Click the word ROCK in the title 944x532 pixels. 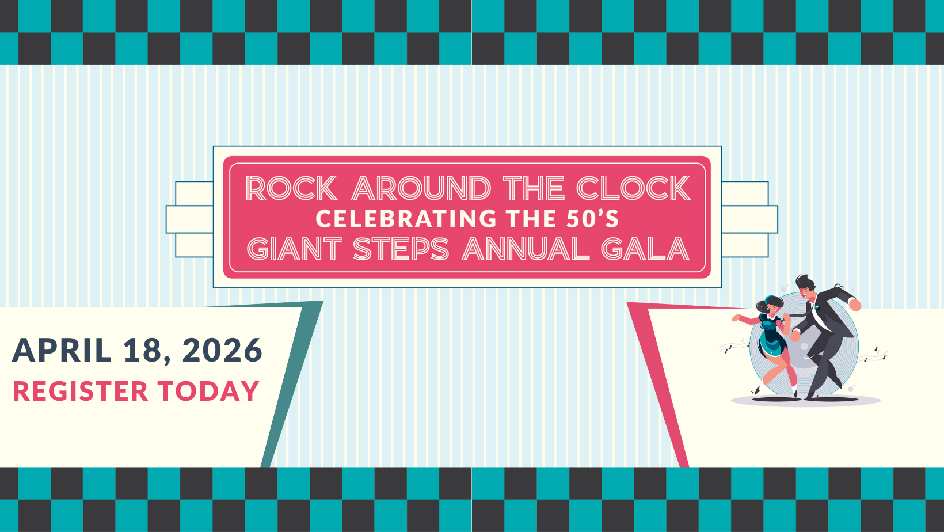tap(291, 188)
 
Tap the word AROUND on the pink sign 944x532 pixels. tap(421, 188)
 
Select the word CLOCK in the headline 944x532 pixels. tap(633, 188)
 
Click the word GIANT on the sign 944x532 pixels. tap(294, 249)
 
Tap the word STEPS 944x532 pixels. tap(401, 249)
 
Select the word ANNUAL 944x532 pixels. tap(526, 249)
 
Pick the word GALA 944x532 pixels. tap(645, 249)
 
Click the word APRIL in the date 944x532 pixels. tap(62, 350)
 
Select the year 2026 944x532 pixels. tap(222, 350)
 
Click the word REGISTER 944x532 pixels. tap(81, 391)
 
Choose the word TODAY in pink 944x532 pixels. tap(208, 391)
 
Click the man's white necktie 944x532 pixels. tap(815, 314)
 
